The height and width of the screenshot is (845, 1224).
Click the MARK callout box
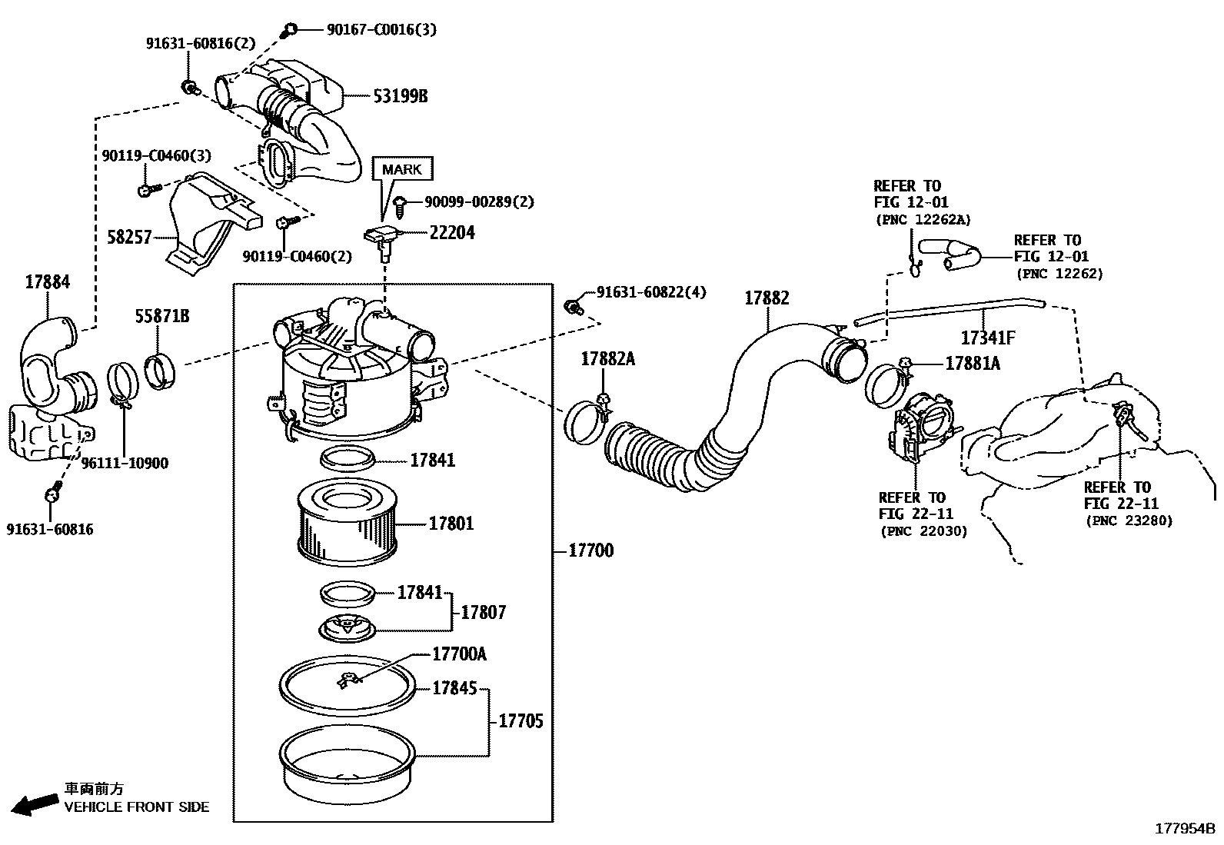(x=402, y=169)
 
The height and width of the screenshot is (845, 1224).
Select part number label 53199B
(x=400, y=96)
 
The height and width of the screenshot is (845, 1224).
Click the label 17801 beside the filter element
(x=451, y=524)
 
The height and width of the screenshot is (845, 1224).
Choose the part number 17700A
(x=459, y=654)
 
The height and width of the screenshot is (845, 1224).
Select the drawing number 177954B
(x=1185, y=829)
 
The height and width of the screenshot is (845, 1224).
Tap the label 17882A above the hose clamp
(x=607, y=358)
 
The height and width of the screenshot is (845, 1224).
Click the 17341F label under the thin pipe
(x=987, y=338)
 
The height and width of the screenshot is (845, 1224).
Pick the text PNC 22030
(x=923, y=531)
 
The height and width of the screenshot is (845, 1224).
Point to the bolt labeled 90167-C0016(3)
(x=290, y=30)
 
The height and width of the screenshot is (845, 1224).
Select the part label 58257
(x=129, y=237)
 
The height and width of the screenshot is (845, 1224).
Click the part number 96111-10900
(x=125, y=463)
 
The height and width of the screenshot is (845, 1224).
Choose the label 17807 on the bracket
(x=483, y=613)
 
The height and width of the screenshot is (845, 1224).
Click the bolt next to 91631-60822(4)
(x=572, y=307)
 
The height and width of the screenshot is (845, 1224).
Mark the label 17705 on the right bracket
(x=521, y=720)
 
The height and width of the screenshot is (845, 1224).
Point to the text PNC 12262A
(x=923, y=219)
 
